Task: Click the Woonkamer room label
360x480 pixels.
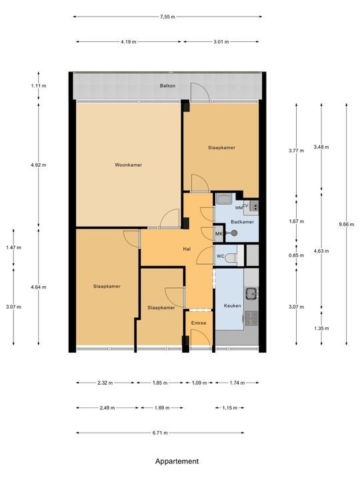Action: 128,165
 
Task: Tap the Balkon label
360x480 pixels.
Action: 167,86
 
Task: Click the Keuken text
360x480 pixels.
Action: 231,306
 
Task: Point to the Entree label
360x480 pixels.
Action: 199,323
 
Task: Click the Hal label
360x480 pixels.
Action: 187,249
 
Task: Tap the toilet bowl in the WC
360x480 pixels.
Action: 231,257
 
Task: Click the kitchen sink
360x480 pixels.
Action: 251,292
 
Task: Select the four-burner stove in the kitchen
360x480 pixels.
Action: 251,318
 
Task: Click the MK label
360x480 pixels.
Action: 219,233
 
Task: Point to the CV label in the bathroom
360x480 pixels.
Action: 245,206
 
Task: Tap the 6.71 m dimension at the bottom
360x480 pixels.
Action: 159,433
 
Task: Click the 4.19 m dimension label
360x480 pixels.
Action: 128,42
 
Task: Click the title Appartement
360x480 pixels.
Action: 177,461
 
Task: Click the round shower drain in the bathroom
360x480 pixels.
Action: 233,233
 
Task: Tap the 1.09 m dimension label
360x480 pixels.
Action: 199,383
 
